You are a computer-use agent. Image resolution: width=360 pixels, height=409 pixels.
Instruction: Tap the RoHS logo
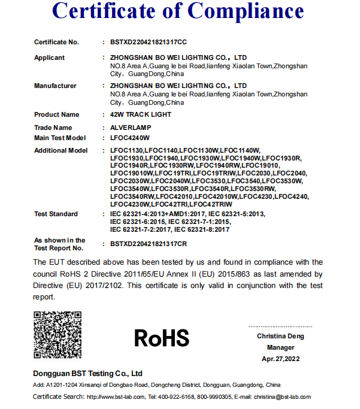(x=161, y=337)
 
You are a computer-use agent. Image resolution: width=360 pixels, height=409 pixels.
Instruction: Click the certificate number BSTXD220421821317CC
(x=149, y=42)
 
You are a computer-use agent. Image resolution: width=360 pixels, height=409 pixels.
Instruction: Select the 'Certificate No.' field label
(x=56, y=42)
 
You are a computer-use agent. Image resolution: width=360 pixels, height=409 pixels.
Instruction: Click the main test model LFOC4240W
(x=130, y=138)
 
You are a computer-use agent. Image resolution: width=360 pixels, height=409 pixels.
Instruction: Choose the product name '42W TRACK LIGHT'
(x=140, y=114)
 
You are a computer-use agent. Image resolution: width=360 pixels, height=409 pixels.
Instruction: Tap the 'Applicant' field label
(x=49, y=57)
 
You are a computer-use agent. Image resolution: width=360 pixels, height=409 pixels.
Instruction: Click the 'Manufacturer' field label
(x=55, y=86)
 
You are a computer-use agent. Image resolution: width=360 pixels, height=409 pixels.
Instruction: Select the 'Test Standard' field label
(x=56, y=214)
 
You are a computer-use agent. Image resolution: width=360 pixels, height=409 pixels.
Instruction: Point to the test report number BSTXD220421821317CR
(x=149, y=244)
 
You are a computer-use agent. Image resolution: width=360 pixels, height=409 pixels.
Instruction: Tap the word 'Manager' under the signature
(x=280, y=347)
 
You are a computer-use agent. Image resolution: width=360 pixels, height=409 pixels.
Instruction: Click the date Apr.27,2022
(x=280, y=359)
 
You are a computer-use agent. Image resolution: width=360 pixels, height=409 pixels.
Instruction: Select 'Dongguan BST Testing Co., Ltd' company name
(x=87, y=373)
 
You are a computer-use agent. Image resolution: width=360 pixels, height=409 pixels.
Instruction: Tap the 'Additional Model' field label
(x=60, y=150)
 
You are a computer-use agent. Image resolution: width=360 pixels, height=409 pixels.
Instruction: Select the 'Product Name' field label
(x=56, y=114)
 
